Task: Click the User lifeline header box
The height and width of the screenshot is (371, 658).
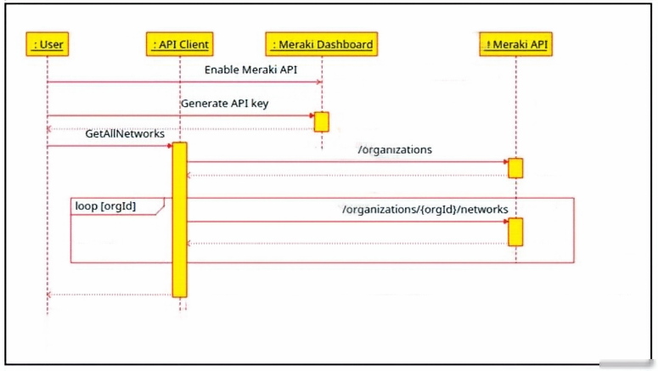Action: [48, 44]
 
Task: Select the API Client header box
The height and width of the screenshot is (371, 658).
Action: [180, 44]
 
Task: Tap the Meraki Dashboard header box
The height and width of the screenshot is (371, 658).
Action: [322, 44]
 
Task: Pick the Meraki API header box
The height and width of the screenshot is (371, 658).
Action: [515, 44]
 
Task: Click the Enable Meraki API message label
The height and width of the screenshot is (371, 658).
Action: [250, 70]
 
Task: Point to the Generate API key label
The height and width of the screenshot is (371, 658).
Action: [224, 104]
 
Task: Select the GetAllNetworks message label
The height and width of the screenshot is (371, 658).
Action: [125, 133]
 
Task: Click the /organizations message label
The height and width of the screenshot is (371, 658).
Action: [395, 149]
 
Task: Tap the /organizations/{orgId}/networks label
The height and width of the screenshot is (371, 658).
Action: [425, 209]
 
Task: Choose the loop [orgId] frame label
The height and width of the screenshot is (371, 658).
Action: [105, 206]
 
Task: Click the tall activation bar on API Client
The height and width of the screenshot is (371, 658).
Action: [180, 220]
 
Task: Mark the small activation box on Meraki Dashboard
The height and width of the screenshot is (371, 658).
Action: [322, 121]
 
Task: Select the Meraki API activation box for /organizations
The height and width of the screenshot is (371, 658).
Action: [515, 168]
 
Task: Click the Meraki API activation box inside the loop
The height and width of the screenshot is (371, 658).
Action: [515, 232]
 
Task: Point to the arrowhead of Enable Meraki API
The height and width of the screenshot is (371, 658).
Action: [319, 82]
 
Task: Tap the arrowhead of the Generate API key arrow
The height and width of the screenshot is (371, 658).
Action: [312, 115]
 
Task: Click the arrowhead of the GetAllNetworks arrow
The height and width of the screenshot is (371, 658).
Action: [170, 146]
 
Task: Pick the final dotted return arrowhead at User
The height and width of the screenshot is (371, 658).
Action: [49, 295]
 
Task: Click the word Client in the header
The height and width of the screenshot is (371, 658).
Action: [195, 44]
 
